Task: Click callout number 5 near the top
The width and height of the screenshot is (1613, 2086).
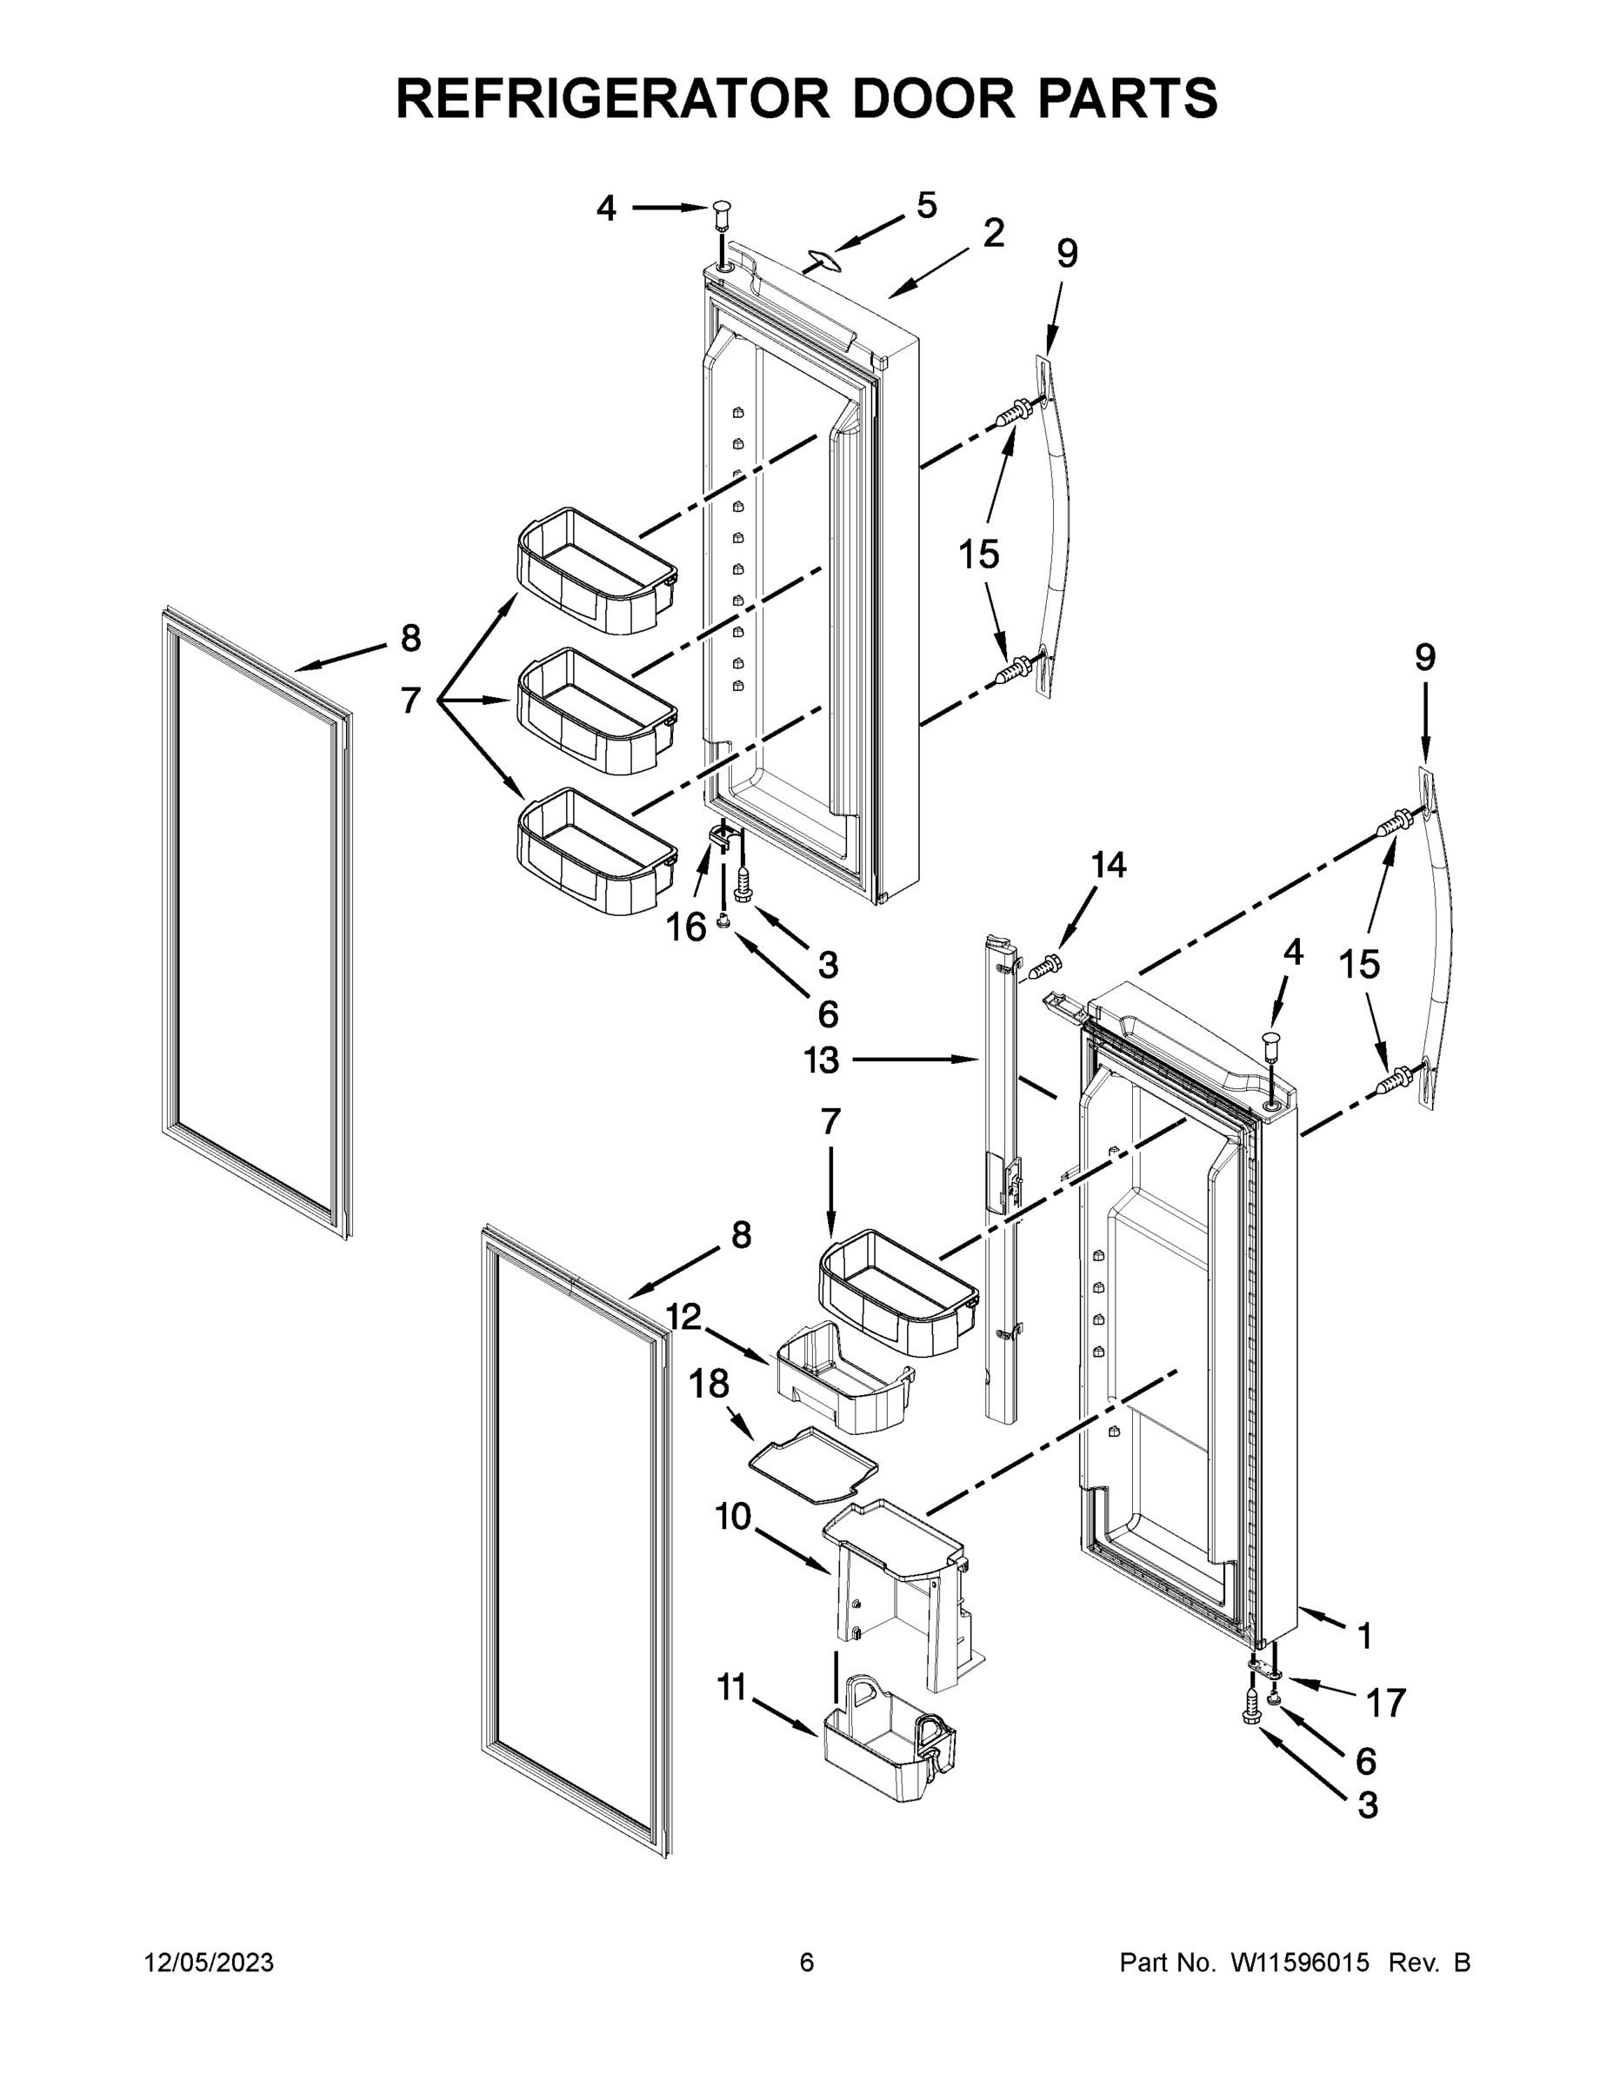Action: click(926, 205)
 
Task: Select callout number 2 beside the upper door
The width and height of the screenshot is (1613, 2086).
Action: click(993, 233)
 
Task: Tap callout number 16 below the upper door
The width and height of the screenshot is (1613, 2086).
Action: click(686, 926)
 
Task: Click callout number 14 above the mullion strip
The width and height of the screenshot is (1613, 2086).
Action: click(1109, 865)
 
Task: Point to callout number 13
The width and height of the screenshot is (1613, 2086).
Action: click(822, 1060)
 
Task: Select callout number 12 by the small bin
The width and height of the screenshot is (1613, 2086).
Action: click(683, 1317)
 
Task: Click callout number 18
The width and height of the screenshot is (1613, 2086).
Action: click(709, 1383)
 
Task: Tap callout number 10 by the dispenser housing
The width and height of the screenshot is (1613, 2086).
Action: click(733, 1516)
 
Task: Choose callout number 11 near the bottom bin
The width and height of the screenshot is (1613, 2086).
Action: click(731, 1688)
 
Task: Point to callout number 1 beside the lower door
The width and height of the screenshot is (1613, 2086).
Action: click(1364, 1635)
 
